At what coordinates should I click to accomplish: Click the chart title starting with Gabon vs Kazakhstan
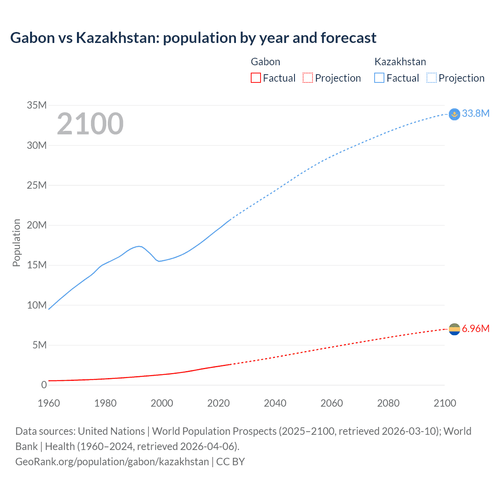point(193,38)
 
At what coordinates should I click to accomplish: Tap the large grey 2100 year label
point(90,124)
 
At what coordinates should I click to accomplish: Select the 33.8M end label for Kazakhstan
point(475,113)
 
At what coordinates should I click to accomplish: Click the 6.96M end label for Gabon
point(475,329)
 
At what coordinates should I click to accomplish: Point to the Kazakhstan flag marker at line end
point(454,114)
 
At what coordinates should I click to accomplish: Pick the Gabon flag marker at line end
point(454,329)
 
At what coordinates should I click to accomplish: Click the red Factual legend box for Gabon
point(255,78)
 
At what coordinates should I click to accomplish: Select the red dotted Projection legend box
point(308,78)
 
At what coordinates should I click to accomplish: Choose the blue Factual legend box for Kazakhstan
point(379,78)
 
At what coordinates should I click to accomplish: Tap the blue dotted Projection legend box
point(432,78)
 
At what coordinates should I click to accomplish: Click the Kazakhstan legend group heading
point(400,62)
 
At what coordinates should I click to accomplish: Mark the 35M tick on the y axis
point(37,105)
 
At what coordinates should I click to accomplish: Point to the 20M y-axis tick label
point(37,225)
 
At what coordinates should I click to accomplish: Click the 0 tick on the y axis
point(44,385)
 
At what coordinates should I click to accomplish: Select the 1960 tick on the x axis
point(49,403)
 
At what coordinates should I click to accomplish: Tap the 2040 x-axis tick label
point(275,403)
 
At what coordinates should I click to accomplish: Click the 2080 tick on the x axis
point(388,403)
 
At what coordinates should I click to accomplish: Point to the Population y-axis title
point(16,243)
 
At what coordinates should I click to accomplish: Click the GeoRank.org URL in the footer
point(112,462)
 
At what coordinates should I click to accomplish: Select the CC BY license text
point(230,462)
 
